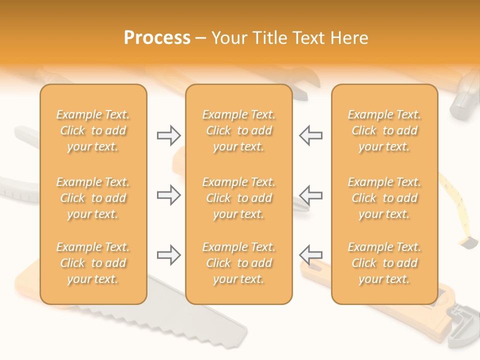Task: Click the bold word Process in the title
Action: tap(157, 38)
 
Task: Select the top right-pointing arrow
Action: tap(168, 135)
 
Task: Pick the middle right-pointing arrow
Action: tap(168, 195)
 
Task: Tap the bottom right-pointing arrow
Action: tap(168, 255)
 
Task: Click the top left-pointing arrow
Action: tap(310, 135)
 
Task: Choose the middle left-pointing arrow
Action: tap(310, 195)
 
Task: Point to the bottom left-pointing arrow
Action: tap(310, 255)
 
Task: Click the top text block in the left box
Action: tap(93, 130)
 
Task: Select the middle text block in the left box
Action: tap(93, 198)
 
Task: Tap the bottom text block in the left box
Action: tap(93, 263)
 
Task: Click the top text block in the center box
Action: tap(239, 130)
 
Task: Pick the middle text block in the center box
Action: tap(239, 198)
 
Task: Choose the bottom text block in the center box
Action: tap(239, 263)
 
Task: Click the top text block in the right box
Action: tap(384, 130)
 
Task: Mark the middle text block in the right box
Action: tap(384, 198)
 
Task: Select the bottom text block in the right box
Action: tap(384, 263)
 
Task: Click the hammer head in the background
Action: tap(462, 102)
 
